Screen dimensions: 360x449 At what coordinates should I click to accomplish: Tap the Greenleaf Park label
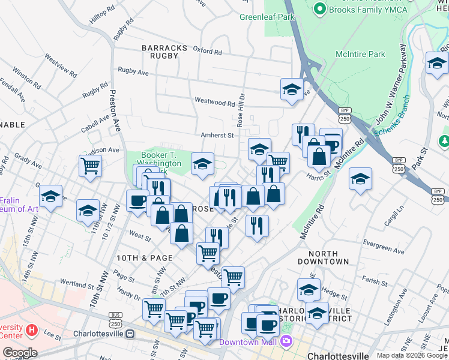pyautogui.click(x=267, y=17)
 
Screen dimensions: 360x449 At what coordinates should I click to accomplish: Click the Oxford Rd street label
pyautogui.click(x=208, y=50)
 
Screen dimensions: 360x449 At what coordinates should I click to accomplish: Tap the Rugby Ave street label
pyautogui.click(x=133, y=71)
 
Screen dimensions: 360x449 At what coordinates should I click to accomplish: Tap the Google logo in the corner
pyautogui.click(x=20, y=352)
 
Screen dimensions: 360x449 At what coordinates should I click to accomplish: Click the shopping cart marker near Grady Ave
pyautogui.click(x=90, y=166)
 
